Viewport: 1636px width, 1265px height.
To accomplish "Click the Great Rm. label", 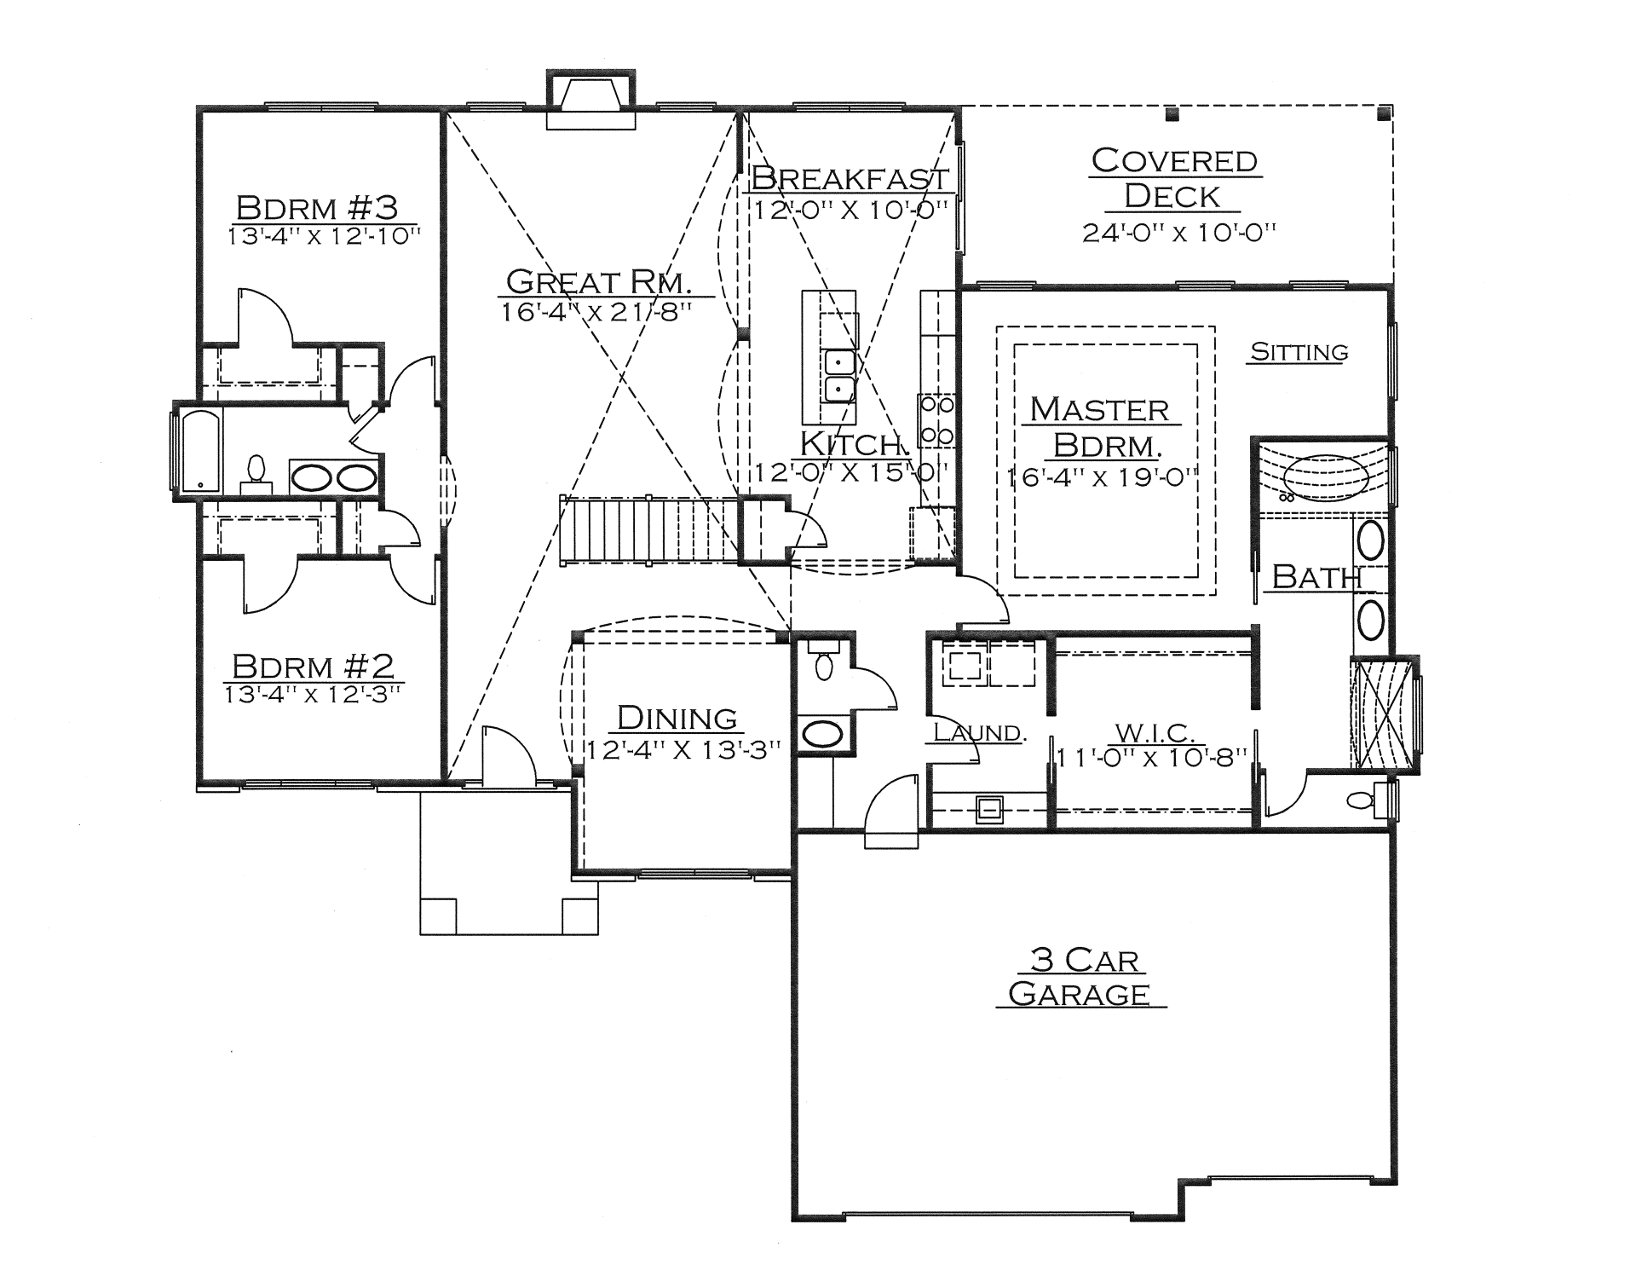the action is click(598, 281).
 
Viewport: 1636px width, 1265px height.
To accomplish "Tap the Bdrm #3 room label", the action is click(317, 207).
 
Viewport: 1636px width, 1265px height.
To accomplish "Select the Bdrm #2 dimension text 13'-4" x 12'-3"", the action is click(312, 695).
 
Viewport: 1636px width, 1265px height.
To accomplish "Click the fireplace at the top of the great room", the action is click(590, 100).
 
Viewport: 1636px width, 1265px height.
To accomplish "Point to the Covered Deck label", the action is click(1174, 178).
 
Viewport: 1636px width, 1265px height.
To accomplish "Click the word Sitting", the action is click(1299, 352).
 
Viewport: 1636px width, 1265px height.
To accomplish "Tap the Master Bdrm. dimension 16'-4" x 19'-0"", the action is click(1103, 477).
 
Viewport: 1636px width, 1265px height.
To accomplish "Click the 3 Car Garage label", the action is click(1080, 977).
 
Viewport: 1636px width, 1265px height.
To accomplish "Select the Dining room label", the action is click(677, 718).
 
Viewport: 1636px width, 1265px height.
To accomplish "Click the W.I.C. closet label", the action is click(1155, 732).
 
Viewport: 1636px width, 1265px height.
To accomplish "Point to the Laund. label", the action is click(978, 732).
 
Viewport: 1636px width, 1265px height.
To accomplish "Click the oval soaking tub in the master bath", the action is click(1325, 477).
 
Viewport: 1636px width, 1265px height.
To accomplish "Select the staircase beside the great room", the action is click(648, 529).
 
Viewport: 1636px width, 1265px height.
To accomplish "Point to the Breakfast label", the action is click(850, 178).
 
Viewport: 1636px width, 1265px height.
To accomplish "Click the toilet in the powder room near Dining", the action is click(823, 661).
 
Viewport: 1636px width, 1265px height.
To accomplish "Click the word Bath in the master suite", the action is click(1316, 577).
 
